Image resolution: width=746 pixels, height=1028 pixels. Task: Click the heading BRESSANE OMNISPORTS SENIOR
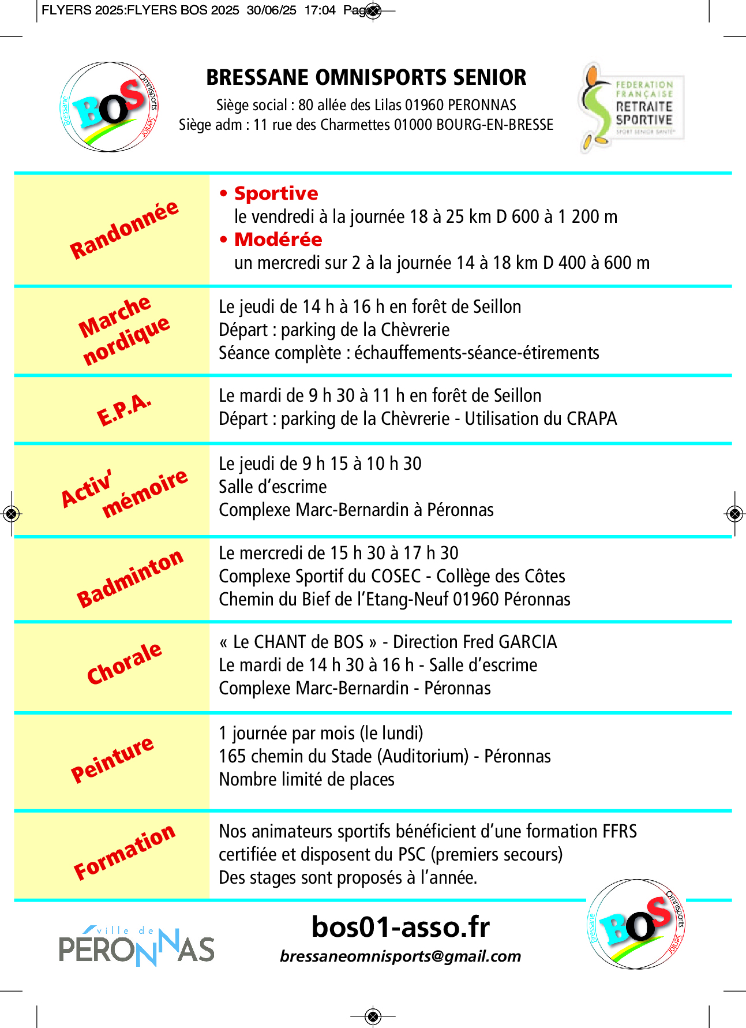(366, 77)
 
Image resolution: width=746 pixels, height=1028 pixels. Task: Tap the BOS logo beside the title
(110, 107)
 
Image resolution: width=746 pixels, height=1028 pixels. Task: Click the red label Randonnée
(123, 230)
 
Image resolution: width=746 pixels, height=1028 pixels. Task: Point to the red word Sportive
(276, 193)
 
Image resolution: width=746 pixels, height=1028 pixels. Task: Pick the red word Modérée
(278, 240)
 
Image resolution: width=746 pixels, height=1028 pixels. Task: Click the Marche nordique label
(123, 330)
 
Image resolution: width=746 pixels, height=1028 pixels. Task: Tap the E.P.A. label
(123, 410)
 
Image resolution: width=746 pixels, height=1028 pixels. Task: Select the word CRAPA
(591, 418)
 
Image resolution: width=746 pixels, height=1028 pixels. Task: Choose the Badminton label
(129, 578)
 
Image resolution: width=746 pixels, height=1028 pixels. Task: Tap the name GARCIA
(527, 642)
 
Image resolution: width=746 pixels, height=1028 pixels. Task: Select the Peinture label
(112, 759)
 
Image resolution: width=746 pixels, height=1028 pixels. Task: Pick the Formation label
(123, 852)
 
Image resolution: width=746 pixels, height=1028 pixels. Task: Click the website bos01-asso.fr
(400, 927)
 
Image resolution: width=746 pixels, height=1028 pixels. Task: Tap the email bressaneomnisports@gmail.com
(400, 956)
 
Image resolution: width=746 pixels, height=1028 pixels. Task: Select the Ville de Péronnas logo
(136, 945)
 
